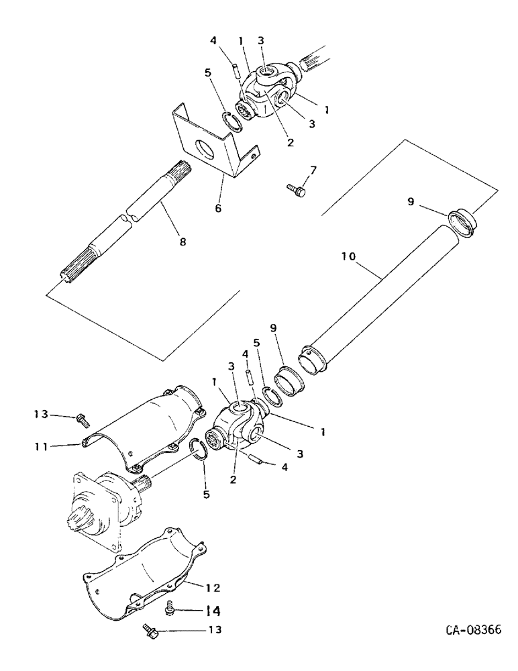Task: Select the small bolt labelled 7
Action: (x=296, y=192)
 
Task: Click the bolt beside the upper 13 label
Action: (x=82, y=419)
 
